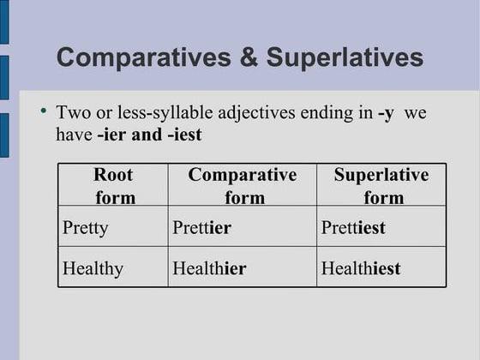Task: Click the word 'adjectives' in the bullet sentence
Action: pyautogui.click(x=278, y=112)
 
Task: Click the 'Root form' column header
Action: pyautogui.click(x=114, y=186)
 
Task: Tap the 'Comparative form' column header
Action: pyautogui.click(x=243, y=186)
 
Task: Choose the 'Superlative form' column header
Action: pyautogui.click(x=381, y=186)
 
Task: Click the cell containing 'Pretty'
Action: pyautogui.click(x=86, y=228)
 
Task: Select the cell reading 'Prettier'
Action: pyautogui.click(x=202, y=228)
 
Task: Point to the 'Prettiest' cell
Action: pyautogui.click(x=353, y=228)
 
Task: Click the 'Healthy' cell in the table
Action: pyautogui.click(x=93, y=268)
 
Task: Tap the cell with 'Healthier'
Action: pyautogui.click(x=209, y=268)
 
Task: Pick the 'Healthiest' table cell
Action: pyautogui.click(x=361, y=268)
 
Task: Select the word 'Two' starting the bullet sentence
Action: pyautogui.click(x=71, y=112)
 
